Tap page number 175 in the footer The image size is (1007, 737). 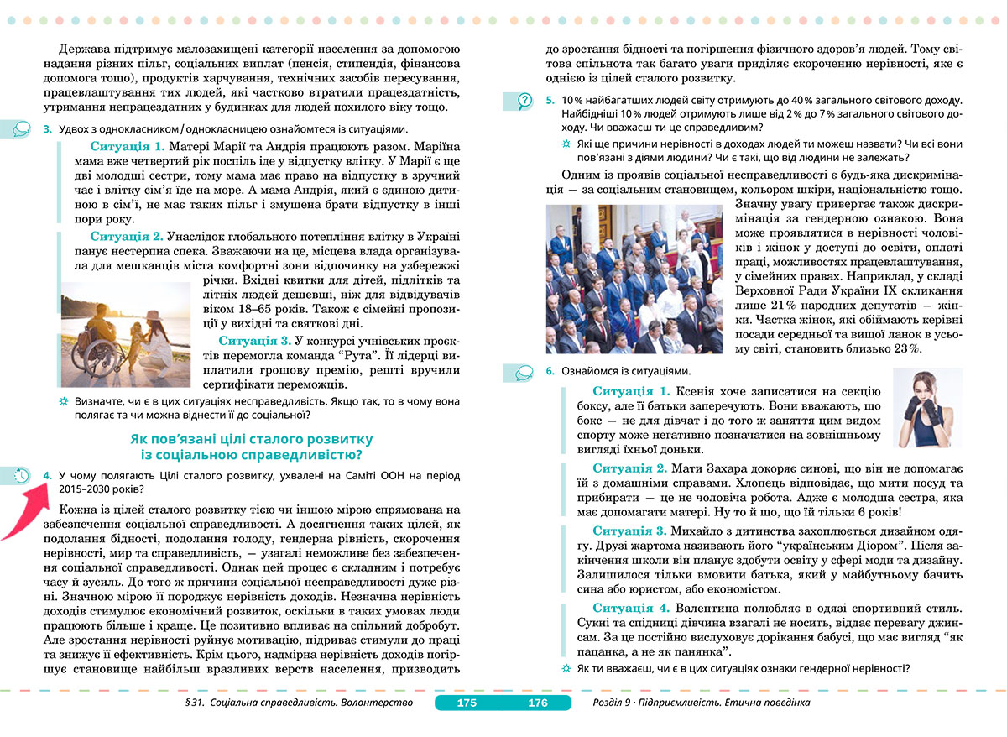pyautogui.click(x=467, y=703)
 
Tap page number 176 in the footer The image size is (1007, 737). pyautogui.click(x=537, y=703)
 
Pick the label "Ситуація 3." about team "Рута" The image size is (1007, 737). pyautogui.click(x=254, y=340)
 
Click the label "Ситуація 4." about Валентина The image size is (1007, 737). pyautogui.click(x=631, y=607)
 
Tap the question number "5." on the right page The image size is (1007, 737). pyautogui.click(x=550, y=100)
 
